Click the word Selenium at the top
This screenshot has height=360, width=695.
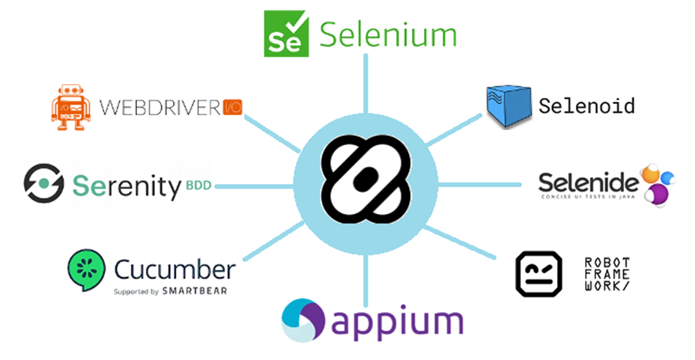coord(388,34)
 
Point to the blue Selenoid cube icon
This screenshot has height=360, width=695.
coord(508,106)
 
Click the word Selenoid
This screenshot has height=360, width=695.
coord(586,106)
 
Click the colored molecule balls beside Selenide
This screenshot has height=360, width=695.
coord(656,184)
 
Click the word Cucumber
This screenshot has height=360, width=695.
coord(174,269)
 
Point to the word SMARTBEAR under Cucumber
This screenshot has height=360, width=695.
coord(193,290)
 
